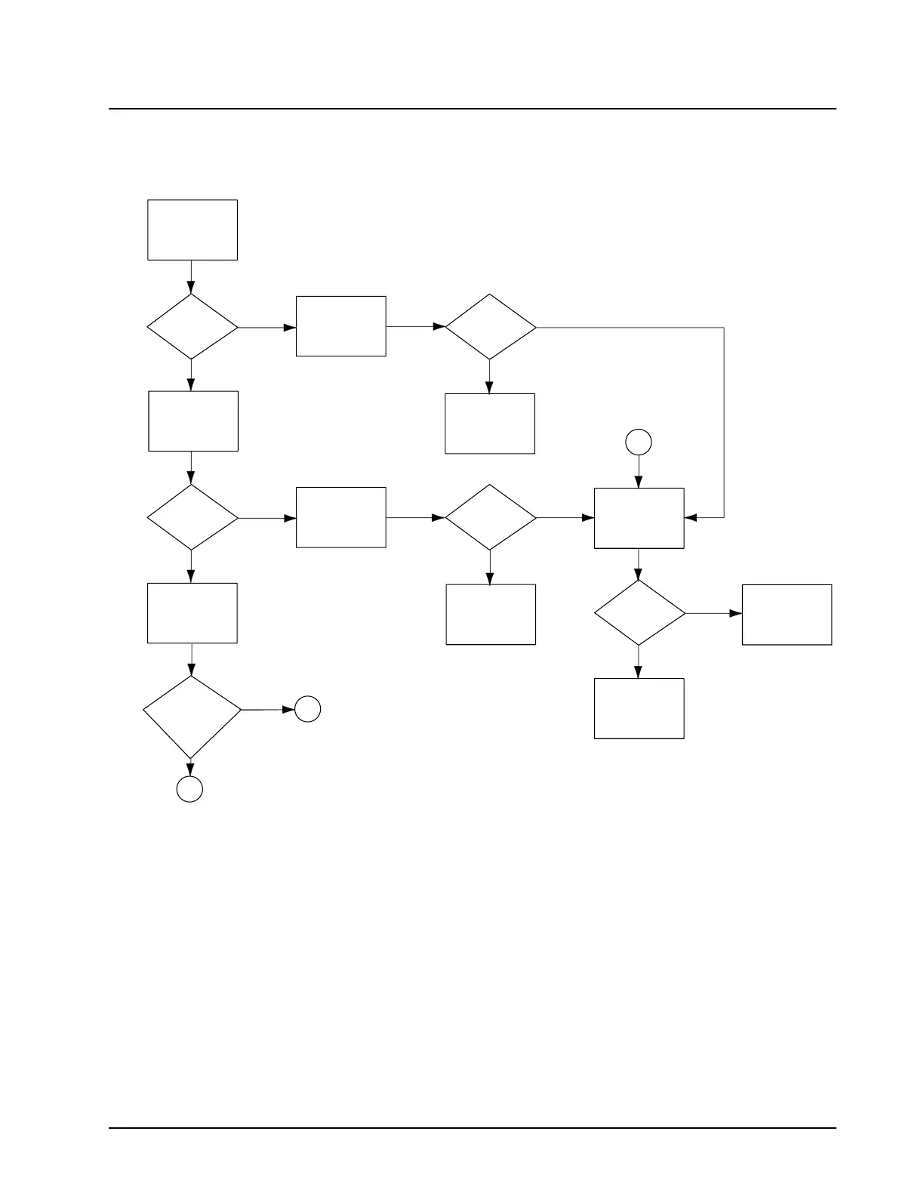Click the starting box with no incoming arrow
coord(192,230)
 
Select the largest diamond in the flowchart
coord(192,717)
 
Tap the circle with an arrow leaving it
coord(639,442)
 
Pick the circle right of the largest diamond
coord(307,709)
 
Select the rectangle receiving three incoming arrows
coord(639,518)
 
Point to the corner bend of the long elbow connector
coord(724,328)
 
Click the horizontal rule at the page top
coord(473,109)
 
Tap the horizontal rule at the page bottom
coord(473,1129)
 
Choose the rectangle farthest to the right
coord(787,615)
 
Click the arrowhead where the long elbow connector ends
coord(690,518)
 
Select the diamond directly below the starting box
coord(192,327)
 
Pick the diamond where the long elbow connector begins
coord(490,327)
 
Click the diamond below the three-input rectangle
coord(639,613)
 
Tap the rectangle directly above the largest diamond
coord(192,613)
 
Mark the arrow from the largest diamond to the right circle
coord(267,710)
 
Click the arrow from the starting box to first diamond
coord(191,277)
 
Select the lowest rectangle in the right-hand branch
coord(639,708)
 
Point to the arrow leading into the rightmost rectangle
coord(713,613)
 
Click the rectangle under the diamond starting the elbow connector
coord(490,424)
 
